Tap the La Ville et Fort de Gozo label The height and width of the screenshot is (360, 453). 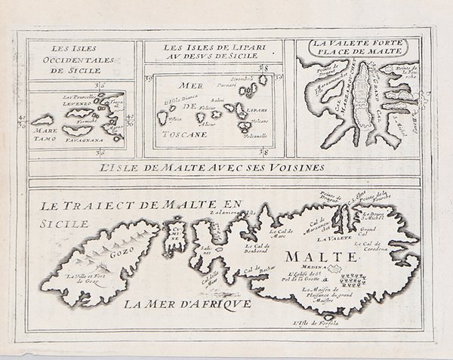[x=91, y=282]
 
